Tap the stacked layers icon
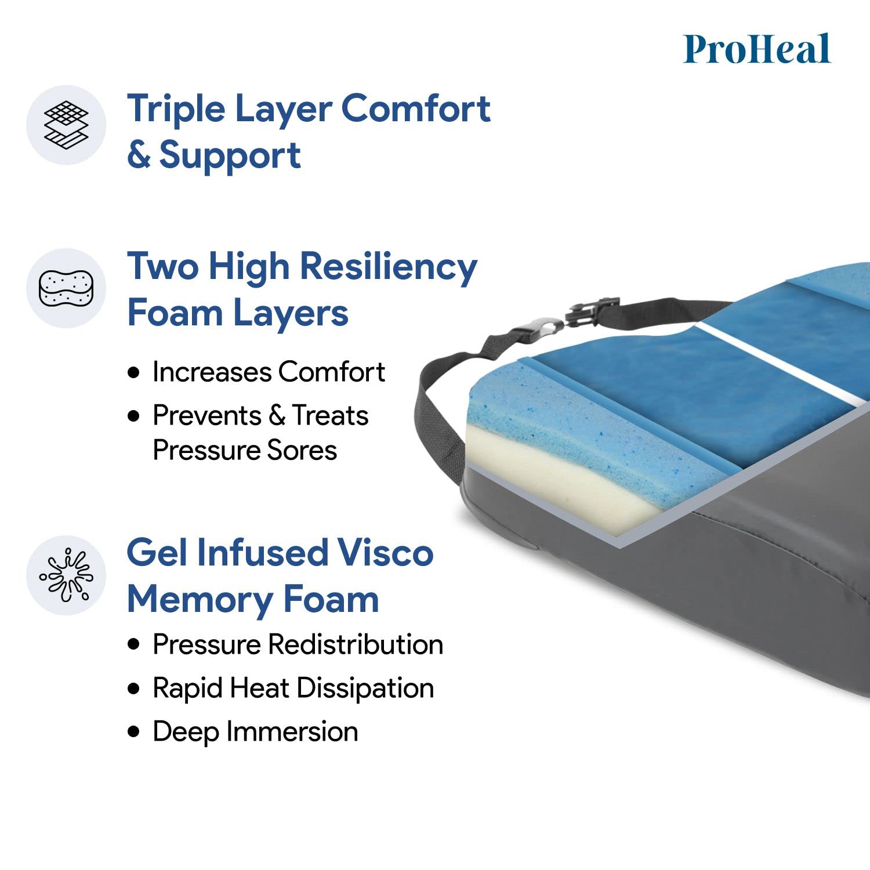click(x=66, y=125)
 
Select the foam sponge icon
click(x=66, y=288)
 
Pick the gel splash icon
click(x=66, y=575)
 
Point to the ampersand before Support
click(x=139, y=155)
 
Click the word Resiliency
click(x=388, y=267)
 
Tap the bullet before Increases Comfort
click(x=135, y=372)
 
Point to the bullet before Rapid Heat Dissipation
click(x=135, y=688)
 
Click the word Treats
click(x=330, y=415)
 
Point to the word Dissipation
click(x=365, y=688)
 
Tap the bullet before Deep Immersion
click(x=135, y=732)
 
